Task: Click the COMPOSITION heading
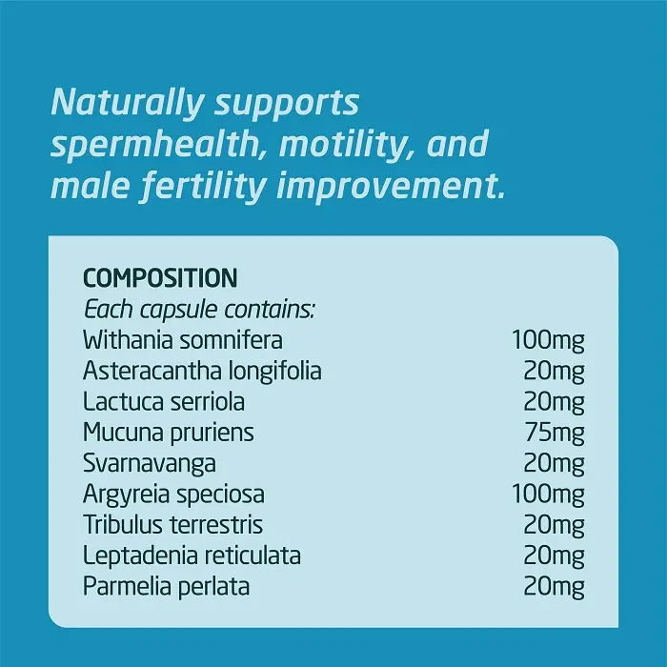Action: click(160, 278)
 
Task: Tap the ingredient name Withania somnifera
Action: click(183, 340)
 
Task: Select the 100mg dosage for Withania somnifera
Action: click(548, 341)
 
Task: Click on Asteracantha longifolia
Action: click(202, 372)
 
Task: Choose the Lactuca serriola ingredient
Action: click(164, 402)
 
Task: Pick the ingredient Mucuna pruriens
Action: click(169, 434)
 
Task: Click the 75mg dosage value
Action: click(555, 434)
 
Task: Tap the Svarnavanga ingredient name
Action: click(150, 464)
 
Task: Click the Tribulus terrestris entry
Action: click(172, 525)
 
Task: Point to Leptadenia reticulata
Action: click(192, 556)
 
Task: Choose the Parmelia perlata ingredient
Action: click(166, 587)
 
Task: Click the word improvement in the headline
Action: click(391, 187)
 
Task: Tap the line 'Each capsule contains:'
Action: click(199, 310)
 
